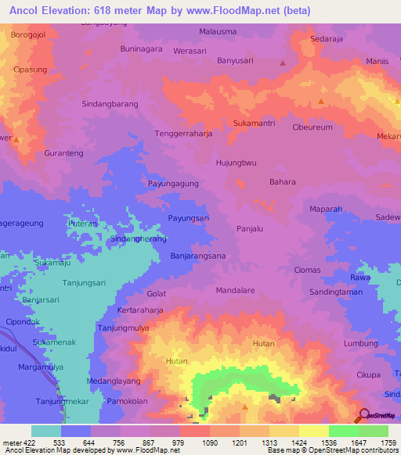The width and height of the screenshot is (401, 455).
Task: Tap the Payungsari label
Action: [189, 218]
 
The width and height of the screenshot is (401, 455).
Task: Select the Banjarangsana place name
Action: [198, 256]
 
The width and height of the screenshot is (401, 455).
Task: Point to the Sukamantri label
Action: [255, 124]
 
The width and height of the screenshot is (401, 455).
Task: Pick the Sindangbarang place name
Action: [110, 103]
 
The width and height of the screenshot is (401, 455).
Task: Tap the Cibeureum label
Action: [312, 127]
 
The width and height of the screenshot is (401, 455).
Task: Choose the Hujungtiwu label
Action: [237, 163]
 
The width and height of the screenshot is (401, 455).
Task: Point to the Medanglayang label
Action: [114, 381]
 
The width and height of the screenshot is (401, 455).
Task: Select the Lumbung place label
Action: [361, 343]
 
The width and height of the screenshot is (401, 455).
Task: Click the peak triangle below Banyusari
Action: [283, 63]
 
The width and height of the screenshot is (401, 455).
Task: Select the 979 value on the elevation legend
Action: [179, 442]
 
